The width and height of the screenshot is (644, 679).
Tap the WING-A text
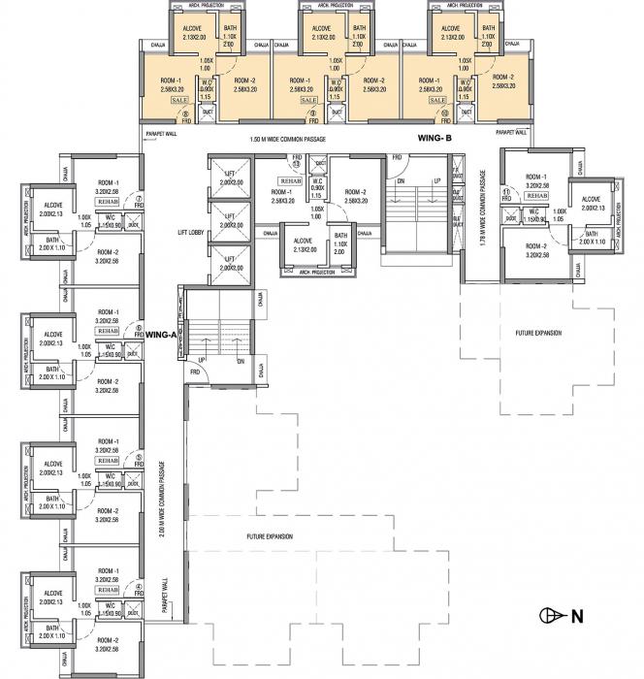coord(160,334)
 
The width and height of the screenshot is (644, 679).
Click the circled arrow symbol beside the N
coord(549,615)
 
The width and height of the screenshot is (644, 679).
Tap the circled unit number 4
coord(140,586)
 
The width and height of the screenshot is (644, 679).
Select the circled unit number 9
coord(312,113)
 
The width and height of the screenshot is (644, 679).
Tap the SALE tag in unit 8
coord(179,100)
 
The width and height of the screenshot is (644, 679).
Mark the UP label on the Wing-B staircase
coord(436,181)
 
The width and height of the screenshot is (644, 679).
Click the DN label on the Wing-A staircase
coord(239,361)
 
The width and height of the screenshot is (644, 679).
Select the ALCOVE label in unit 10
coord(450,30)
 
